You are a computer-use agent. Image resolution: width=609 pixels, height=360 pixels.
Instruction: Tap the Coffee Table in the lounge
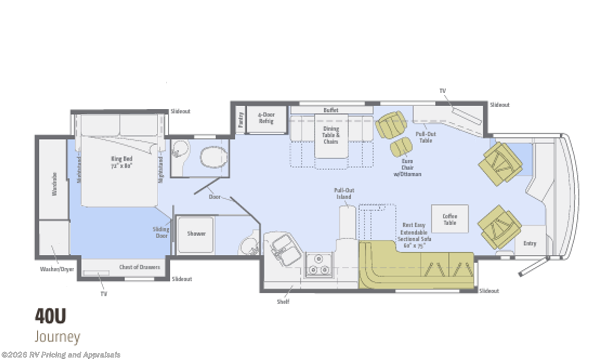pos(449,219)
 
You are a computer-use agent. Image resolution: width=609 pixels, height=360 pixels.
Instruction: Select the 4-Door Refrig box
pos(266,118)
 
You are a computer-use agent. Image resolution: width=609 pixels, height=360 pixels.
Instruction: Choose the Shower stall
pos(195,234)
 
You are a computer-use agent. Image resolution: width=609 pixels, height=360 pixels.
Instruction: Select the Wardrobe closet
pos(53,184)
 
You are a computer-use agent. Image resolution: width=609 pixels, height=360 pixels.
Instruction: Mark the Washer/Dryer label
pos(56,269)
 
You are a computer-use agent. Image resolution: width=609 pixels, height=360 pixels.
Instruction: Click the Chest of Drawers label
pos(139,267)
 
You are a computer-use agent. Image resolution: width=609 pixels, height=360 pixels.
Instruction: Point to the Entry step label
pos(529,244)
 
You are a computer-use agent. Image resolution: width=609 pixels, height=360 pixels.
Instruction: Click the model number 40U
pos(50,316)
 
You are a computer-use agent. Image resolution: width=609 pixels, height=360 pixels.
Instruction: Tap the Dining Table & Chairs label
pos(331,135)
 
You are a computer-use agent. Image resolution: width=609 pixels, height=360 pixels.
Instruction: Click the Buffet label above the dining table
pos(330,110)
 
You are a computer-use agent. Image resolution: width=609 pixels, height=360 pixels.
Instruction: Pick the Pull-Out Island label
pos(344,193)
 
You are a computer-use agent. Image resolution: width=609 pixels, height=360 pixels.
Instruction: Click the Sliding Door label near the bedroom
pos(161,232)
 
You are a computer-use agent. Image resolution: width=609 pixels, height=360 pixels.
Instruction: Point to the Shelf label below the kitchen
pos(283,302)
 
